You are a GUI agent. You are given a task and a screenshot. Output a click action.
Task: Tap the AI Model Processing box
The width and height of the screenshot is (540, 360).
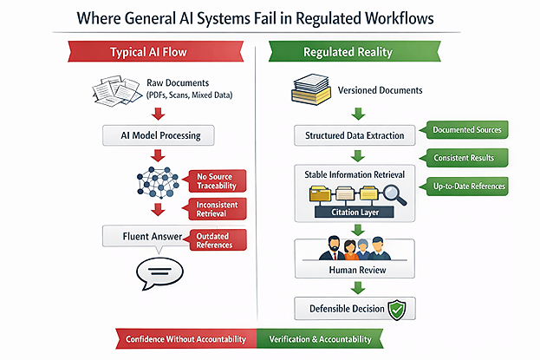point(157,136)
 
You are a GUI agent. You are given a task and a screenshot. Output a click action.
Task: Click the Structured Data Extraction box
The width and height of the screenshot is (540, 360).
point(356,136)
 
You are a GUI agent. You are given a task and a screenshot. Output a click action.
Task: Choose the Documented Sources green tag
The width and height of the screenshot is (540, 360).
point(466,130)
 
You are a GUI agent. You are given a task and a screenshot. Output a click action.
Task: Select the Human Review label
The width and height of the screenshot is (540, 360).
point(356,271)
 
